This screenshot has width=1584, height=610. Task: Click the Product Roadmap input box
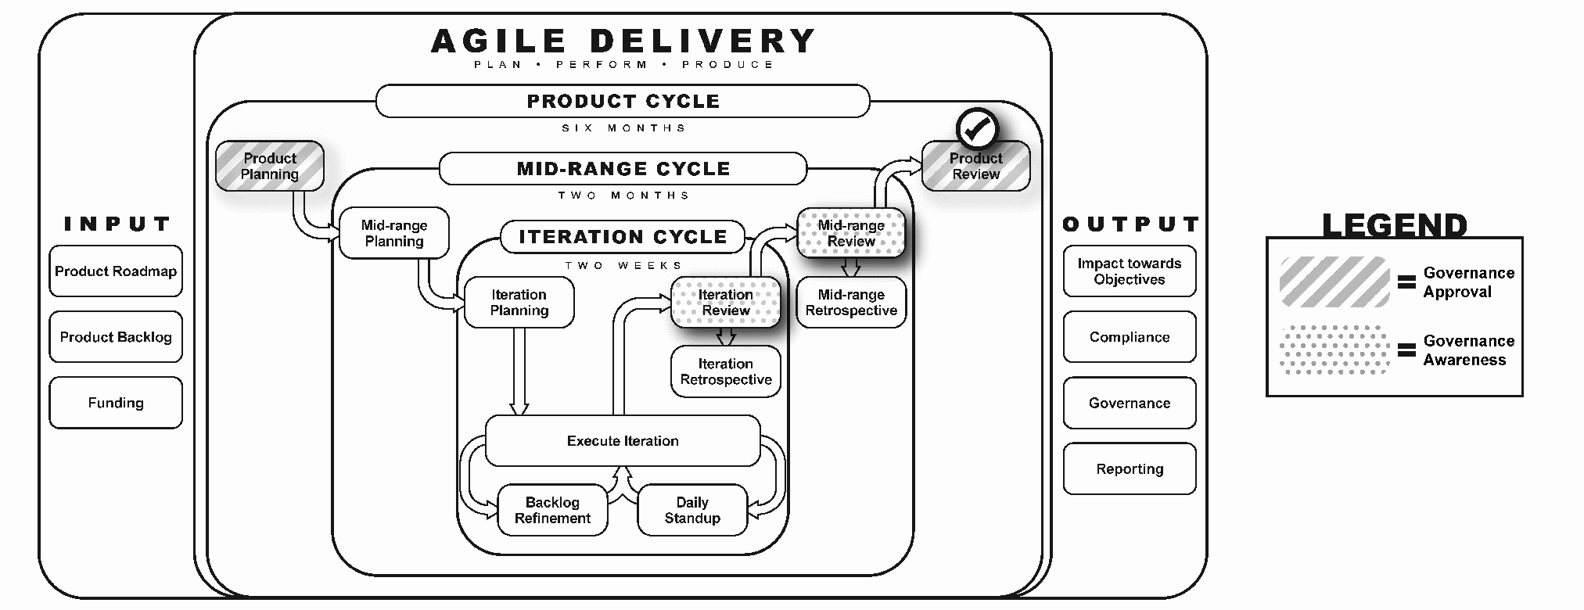(116, 271)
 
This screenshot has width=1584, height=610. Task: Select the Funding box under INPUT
(116, 403)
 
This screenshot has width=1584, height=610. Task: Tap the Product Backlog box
(116, 337)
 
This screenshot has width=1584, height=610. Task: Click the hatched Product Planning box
(270, 166)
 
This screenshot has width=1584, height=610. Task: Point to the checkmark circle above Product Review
(977, 130)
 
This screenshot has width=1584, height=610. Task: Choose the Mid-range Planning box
(394, 233)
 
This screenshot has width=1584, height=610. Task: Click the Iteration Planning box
(519, 303)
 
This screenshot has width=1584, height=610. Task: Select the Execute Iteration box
(623, 441)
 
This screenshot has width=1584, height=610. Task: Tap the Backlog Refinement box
(552, 511)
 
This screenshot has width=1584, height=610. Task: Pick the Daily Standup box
(692, 511)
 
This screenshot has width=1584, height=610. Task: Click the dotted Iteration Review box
(726, 303)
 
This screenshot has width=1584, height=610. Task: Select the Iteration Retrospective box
(726, 371)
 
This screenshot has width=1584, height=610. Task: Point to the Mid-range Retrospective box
(851, 303)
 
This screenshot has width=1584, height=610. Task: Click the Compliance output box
(1130, 337)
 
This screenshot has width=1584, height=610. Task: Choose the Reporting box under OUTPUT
(1130, 469)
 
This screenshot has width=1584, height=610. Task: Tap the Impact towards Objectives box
(1130, 271)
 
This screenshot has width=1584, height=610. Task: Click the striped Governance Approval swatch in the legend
(1334, 282)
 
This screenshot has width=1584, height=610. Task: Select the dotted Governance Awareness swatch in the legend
(1334, 350)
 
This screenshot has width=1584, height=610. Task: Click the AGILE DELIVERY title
(623, 41)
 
